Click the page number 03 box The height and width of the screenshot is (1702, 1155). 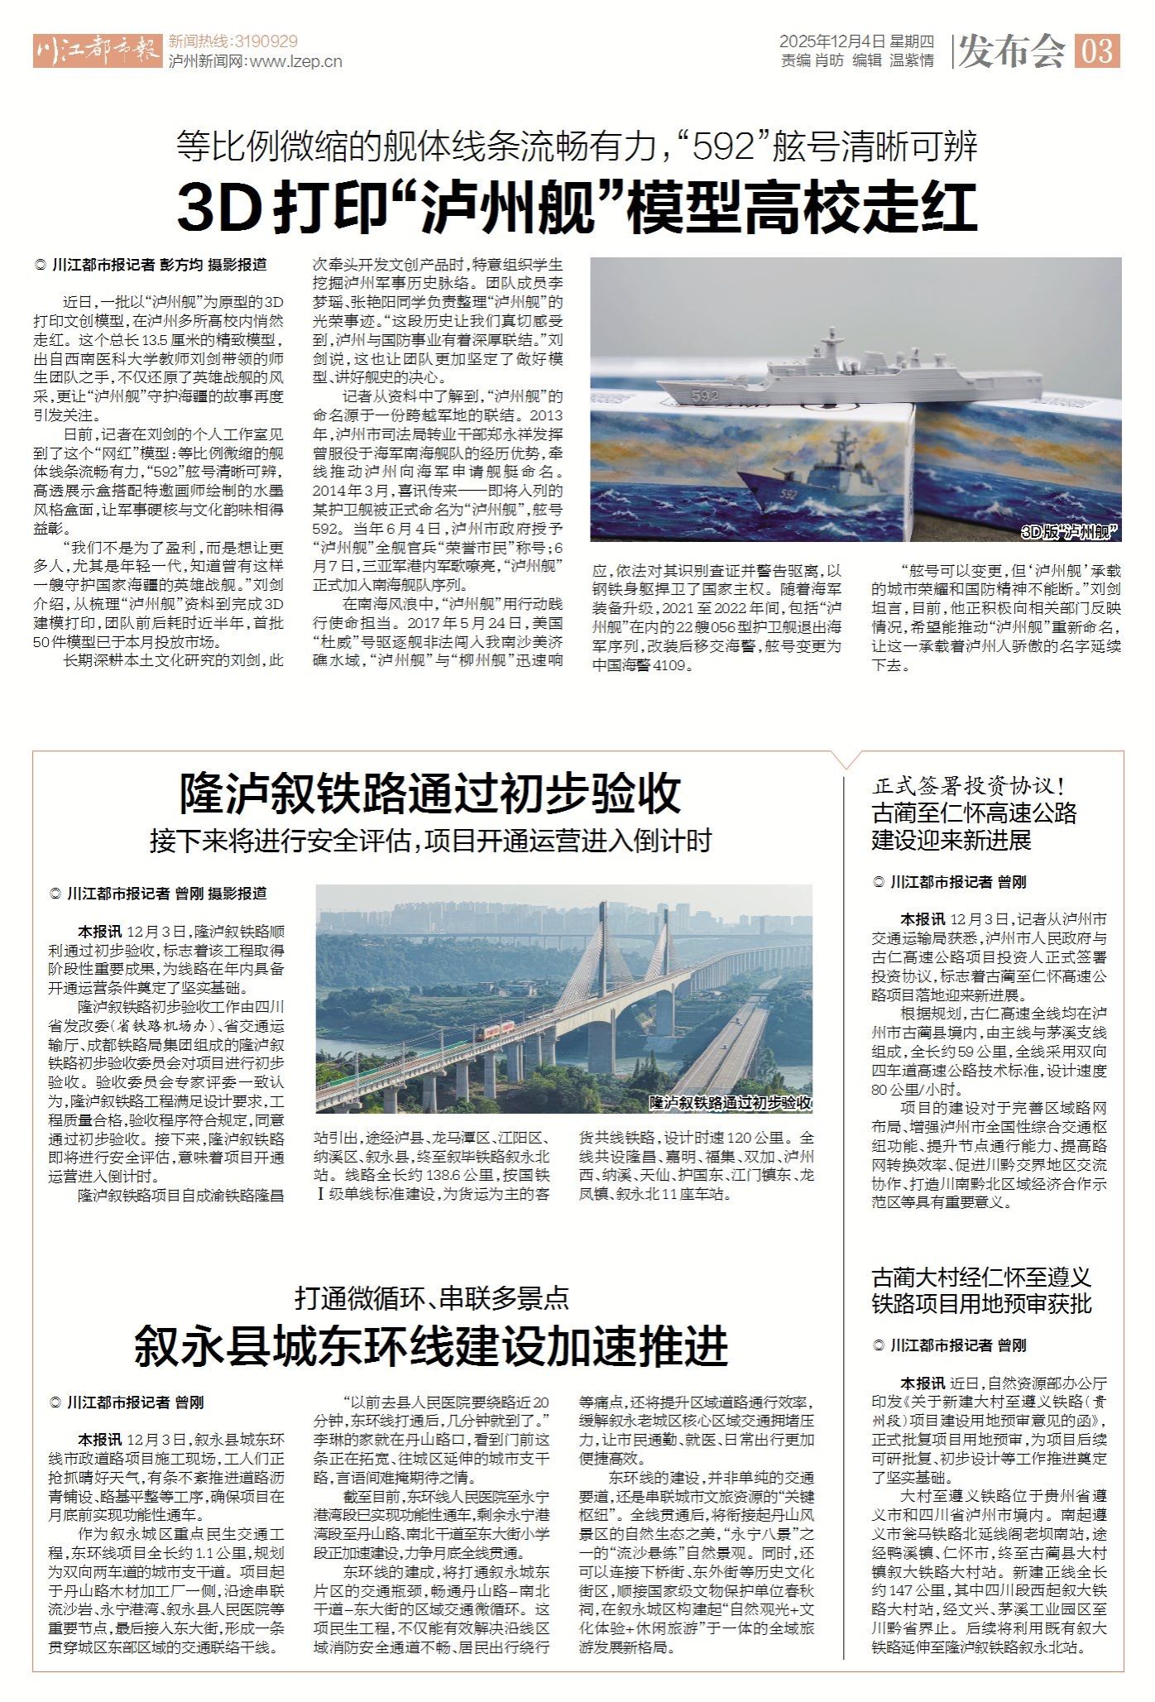click(x=1097, y=51)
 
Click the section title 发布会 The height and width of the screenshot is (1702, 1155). click(x=1012, y=51)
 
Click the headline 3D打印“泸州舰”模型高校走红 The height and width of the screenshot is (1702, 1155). click(x=577, y=208)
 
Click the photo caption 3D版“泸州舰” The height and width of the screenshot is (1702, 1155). click(x=1070, y=532)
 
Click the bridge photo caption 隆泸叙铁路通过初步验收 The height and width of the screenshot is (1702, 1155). click(x=730, y=1103)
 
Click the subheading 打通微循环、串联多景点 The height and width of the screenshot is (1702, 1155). click(x=432, y=1297)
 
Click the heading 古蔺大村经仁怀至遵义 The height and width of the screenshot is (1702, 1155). click(x=981, y=1277)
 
